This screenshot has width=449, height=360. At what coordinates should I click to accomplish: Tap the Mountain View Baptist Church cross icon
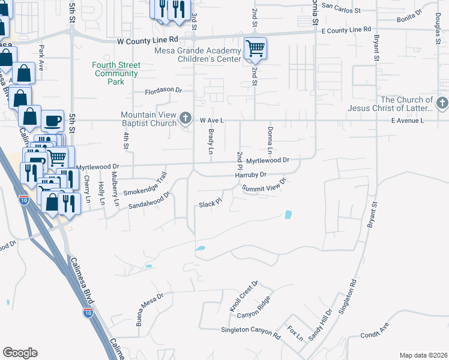pos(187,117)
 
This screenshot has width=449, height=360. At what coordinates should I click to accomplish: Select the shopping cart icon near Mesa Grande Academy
pos(256,48)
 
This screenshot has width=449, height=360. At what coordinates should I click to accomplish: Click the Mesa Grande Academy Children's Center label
pos(198,55)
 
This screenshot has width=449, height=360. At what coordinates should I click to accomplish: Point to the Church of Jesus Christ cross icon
pos(442,103)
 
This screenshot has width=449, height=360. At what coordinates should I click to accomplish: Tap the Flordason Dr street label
pos(163,90)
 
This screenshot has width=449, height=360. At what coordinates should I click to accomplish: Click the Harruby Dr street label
pos(250,175)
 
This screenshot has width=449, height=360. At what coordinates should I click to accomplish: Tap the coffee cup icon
pos(52,120)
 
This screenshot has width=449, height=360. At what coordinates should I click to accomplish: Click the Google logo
pos(20,353)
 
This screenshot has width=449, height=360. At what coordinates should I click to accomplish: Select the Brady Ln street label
pos(211,142)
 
